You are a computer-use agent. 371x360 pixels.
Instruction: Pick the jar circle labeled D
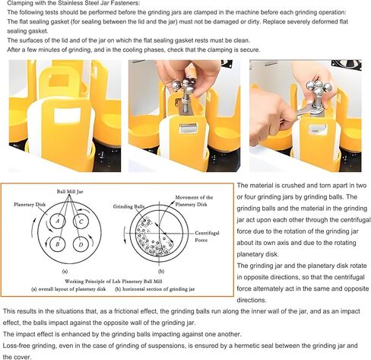81,245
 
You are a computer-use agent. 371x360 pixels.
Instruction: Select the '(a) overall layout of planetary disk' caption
65,291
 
